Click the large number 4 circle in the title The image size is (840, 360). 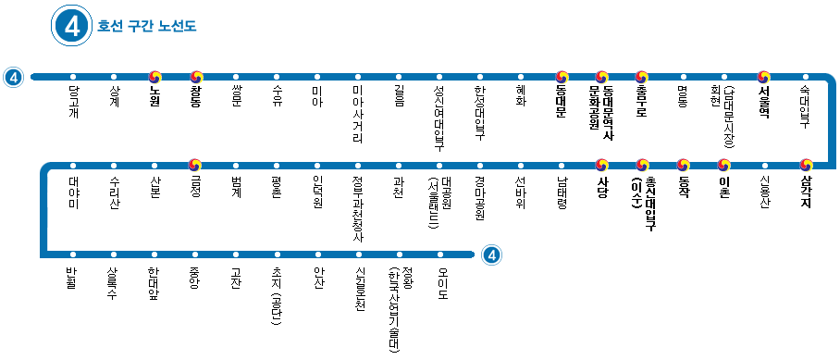pos(73,26)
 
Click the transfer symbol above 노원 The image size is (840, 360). pos(155,77)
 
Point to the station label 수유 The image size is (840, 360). pos(278,95)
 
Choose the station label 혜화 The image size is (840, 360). pos(521,95)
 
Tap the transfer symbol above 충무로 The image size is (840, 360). pos(642,77)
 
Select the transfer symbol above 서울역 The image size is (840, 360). pos(764,77)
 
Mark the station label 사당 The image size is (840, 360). pos(602,183)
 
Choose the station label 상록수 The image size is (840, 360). pos(114,280)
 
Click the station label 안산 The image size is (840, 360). pos(317,276)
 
